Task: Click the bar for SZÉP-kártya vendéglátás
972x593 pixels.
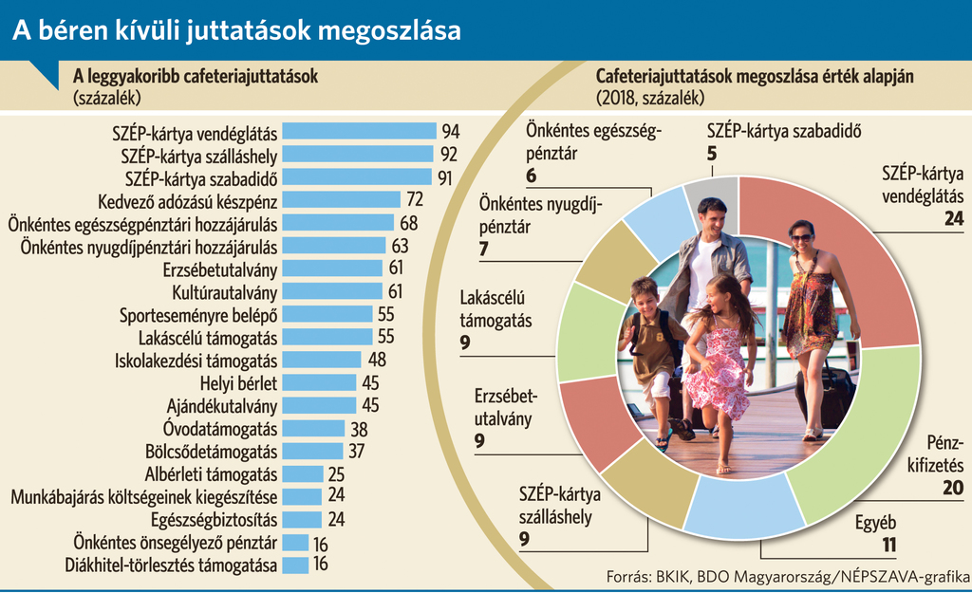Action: (361, 131)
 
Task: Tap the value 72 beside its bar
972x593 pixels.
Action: (414, 199)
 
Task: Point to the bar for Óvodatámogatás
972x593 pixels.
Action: (314, 428)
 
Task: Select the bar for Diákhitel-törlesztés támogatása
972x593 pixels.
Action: (296, 565)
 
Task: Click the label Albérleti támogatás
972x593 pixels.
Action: (211, 473)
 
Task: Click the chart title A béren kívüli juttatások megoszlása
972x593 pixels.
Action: (236, 30)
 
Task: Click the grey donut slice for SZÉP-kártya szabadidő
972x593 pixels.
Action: (722, 189)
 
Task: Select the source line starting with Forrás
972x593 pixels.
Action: (787, 576)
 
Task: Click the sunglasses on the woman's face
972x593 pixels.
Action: (801, 237)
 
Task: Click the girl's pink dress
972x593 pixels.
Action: (719, 370)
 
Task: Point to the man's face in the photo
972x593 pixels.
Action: (711, 218)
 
